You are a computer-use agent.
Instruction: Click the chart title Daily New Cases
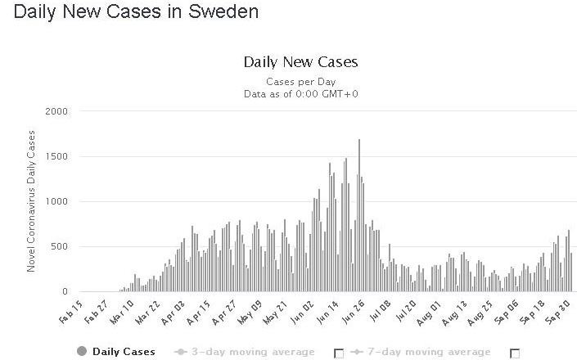tap(300, 62)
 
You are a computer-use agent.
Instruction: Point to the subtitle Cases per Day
tap(300, 82)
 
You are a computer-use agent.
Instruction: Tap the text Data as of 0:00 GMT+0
tap(300, 93)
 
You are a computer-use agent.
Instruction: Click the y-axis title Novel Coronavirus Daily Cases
tap(31, 201)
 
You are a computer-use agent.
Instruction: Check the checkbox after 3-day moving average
tap(339, 353)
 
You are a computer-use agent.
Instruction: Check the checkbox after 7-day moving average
tap(515, 353)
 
